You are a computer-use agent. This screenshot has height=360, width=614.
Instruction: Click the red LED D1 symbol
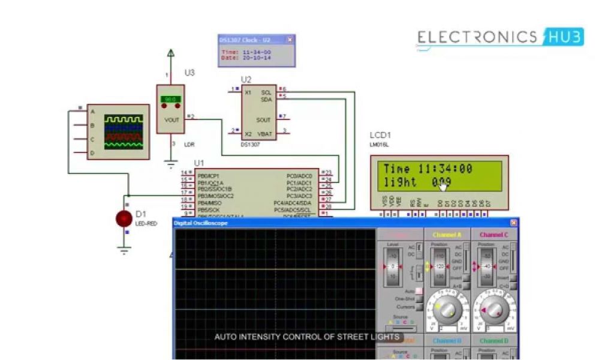[x=124, y=219]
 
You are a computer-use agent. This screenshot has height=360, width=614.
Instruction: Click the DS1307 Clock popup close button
[x=290, y=40]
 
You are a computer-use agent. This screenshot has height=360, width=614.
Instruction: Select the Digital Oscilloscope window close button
[x=513, y=223]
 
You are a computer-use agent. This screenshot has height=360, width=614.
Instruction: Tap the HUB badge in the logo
[x=562, y=37]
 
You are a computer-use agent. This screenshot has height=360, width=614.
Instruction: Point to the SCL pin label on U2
[x=267, y=92]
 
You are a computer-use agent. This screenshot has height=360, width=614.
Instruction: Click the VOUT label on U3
[x=171, y=119]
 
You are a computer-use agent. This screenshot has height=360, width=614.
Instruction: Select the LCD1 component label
[x=380, y=135]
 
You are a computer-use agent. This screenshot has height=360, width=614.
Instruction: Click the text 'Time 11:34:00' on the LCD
[x=428, y=169]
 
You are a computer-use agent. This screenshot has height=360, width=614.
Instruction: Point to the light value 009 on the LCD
[x=441, y=182]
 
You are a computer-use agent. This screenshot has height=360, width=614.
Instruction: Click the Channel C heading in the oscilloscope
[x=494, y=235]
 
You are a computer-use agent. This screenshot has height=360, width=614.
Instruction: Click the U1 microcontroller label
[x=199, y=163]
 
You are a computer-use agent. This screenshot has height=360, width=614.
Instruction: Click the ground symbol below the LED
[x=124, y=251]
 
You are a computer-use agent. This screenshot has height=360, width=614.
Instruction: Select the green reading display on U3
[x=170, y=99]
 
